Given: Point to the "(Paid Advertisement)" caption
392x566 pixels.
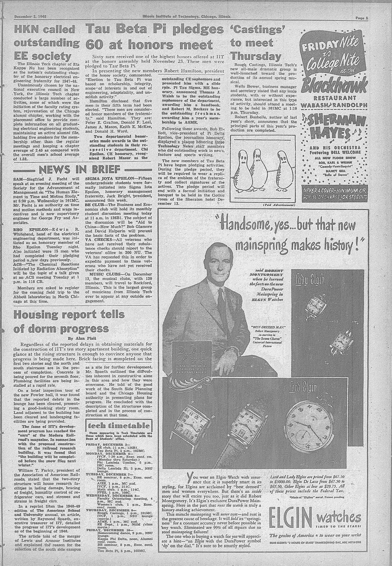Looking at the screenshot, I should pyautogui.click(x=278, y=205).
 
